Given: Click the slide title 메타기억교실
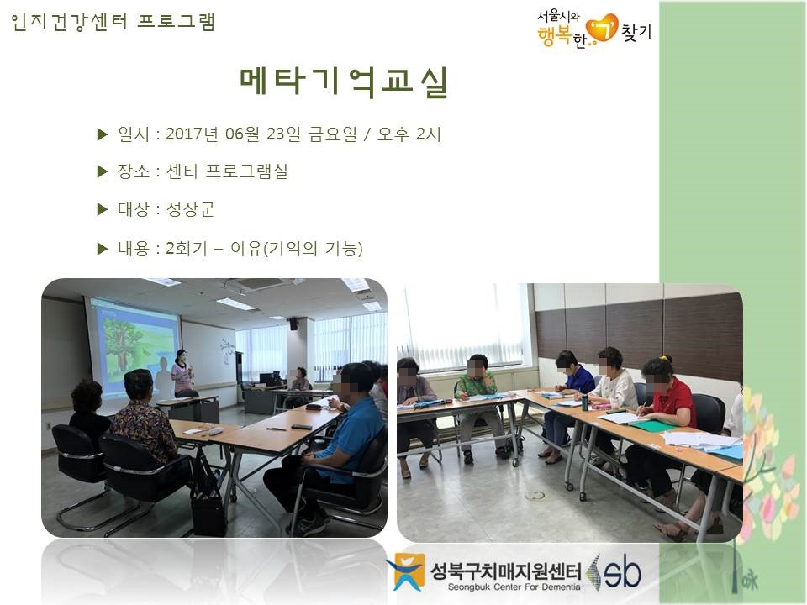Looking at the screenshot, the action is point(344,82).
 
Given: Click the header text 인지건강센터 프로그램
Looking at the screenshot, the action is point(113,22).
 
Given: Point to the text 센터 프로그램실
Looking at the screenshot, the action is point(227,171).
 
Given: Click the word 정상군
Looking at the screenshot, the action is point(191,209).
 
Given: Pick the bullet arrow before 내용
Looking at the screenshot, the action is point(103,249).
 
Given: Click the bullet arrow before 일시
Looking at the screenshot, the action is point(103,134).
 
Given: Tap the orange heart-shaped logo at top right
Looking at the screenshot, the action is point(602,27).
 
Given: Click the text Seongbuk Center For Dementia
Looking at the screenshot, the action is point(514,587).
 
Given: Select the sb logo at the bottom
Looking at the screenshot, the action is point(615,571).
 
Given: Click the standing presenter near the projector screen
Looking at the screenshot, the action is point(182,373).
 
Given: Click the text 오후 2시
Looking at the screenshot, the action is point(409,134).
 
